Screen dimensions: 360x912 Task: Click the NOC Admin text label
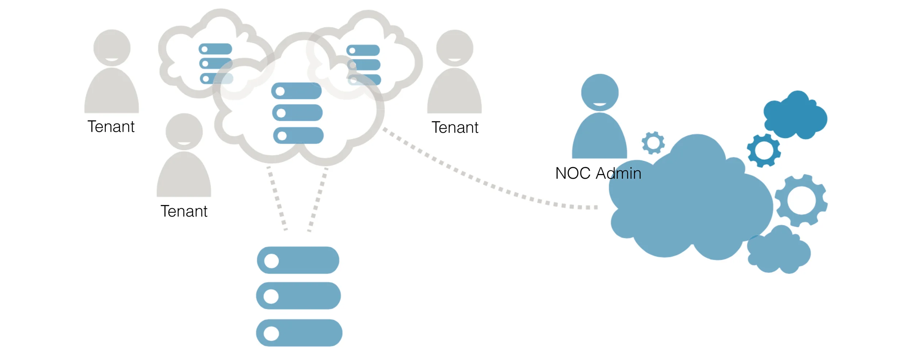pos(598,173)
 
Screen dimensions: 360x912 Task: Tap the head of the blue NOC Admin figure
pos(600,92)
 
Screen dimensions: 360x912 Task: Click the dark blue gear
pos(764,150)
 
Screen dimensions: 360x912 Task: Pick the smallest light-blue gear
pos(653,143)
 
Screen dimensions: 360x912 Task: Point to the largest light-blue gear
pos(801,201)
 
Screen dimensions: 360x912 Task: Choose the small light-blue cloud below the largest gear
pos(779,252)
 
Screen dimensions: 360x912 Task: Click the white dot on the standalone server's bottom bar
pos(271,333)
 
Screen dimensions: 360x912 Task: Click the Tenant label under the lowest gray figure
pos(184,211)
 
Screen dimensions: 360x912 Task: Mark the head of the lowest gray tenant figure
pos(184,131)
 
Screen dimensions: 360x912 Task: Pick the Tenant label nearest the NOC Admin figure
pos(455,128)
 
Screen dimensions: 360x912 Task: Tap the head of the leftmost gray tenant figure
pos(112,48)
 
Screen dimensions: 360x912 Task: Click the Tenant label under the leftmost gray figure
pos(111,127)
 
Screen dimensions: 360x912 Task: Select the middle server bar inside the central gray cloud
pos(297,113)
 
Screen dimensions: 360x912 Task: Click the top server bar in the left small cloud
pos(215,49)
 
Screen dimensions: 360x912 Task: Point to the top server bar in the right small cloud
pos(363,50)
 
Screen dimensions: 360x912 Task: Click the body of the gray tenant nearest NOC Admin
pos(455,93)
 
